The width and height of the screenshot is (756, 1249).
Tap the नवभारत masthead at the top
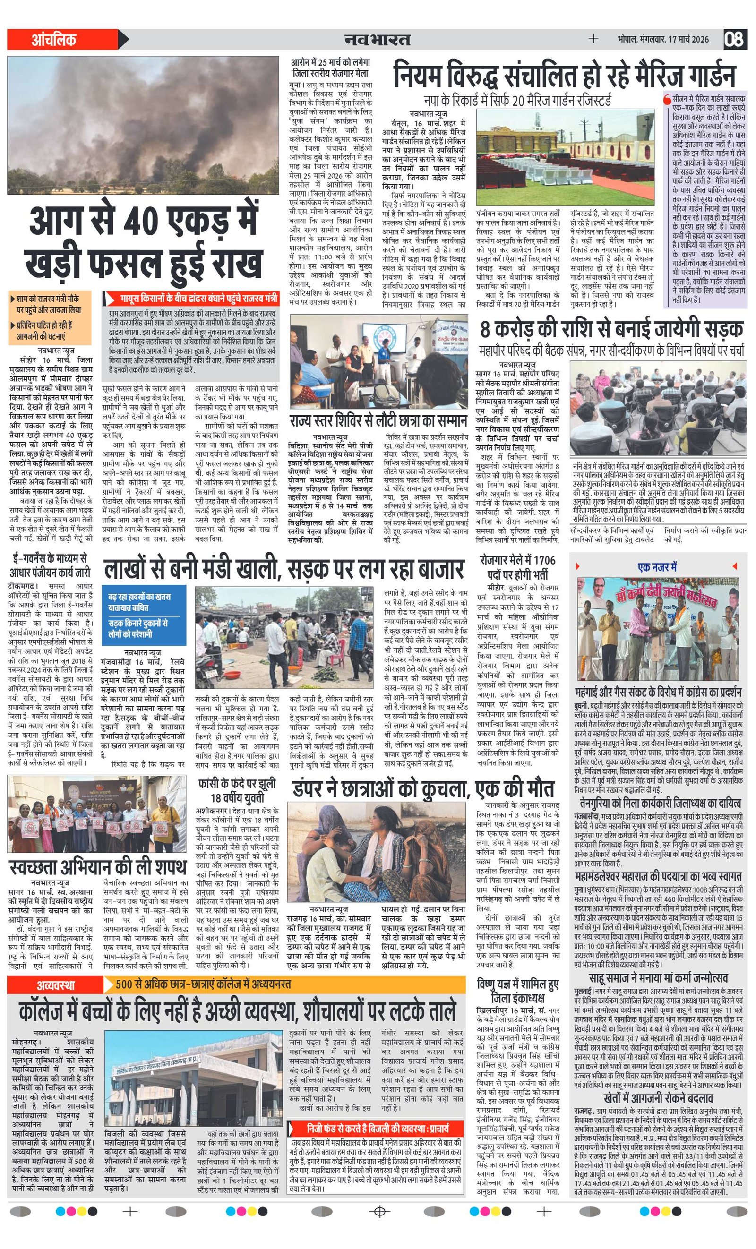[377, 39]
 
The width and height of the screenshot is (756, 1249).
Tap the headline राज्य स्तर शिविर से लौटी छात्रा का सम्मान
[378, 421]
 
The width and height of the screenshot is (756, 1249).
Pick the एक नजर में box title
[657, 567]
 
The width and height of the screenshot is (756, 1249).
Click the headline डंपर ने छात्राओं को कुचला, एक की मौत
[423, 790]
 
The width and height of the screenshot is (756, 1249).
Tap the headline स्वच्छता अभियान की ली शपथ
[97, 868]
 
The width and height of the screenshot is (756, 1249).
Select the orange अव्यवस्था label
[55, 985]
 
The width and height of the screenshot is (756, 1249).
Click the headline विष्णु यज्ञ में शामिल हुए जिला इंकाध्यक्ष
[518, 992]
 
